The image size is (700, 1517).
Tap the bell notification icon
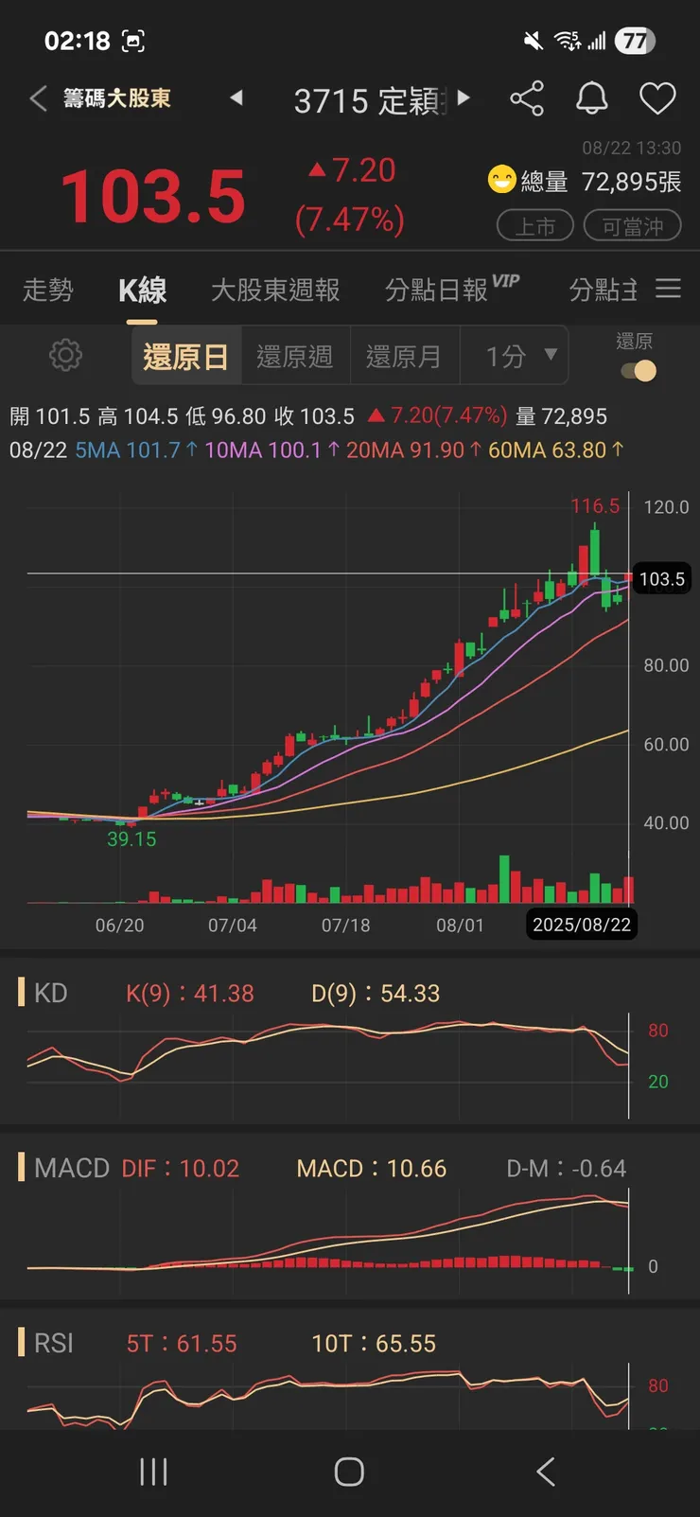click(x=592, y=98)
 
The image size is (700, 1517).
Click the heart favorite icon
click(x=657, y=98)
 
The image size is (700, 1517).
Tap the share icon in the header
click(x=527, y=98)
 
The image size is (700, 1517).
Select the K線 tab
click(x=142, y=290)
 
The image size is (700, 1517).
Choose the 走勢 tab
click(x=47, y=290)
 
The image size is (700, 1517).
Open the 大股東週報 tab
click(x=275, y=290)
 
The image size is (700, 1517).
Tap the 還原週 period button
click(x=295, y=356)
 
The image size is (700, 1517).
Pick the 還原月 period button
click(x=404, y=356)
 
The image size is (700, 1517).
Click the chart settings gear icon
click(x=65, y=356)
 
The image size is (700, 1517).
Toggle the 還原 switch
click(x=639, y=371)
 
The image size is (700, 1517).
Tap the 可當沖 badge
click(x=632, y=226)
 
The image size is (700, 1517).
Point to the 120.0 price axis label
click(x=666, y=507)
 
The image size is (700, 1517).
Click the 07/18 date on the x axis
click(x=345, y=925)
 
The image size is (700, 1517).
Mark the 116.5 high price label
click(x=595, y=506)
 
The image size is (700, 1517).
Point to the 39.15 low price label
click(x=131, y=839)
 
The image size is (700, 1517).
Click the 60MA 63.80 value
click(x=555, y=450)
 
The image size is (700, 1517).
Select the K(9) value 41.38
click(x=190, y=994)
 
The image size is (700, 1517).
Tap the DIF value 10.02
click(x=181, y=1169)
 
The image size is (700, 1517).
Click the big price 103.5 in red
click(x=153, y=197)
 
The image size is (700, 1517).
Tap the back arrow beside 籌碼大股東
click(x=38, y=98)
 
